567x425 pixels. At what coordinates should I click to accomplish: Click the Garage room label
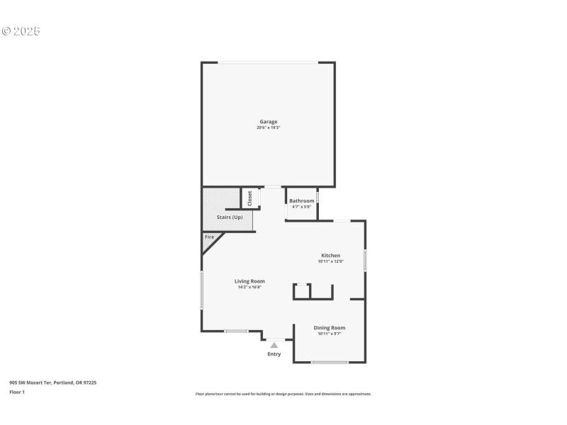(x=268, y=121)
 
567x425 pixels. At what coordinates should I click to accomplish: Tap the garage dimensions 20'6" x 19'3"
(x=268, y=127)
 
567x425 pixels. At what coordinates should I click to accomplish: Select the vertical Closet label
(x=249, y=198)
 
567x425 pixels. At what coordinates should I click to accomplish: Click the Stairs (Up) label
(x=230, y=217)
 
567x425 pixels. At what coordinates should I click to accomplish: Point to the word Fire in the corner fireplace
(x=209, y=237)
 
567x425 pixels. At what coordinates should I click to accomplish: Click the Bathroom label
(x=301, y=200)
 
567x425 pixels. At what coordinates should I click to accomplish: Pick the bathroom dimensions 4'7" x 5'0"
(x=301, y=207)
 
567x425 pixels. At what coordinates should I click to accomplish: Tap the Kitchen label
(x=330, y=255)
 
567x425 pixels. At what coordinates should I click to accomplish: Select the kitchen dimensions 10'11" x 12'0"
(x=330, y=261)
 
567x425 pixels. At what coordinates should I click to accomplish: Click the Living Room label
(x=249, y=280)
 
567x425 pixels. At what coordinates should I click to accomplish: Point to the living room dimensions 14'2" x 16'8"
(x=249, y=287)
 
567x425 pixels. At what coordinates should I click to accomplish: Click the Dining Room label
(x=330, y=327)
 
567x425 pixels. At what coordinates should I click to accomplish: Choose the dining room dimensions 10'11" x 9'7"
(x=330, y=334)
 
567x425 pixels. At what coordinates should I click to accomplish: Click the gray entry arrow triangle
(x=274, y=345)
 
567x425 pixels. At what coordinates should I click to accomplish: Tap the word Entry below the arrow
(x=274, y=354)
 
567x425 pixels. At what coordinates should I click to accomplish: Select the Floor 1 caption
(x=16, y=392)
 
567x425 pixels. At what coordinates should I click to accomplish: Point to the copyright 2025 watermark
(x=21, y=31)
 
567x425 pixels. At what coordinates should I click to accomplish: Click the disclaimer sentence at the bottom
(x=283, y=394)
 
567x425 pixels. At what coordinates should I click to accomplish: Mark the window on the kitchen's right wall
(x=365, y=259)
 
